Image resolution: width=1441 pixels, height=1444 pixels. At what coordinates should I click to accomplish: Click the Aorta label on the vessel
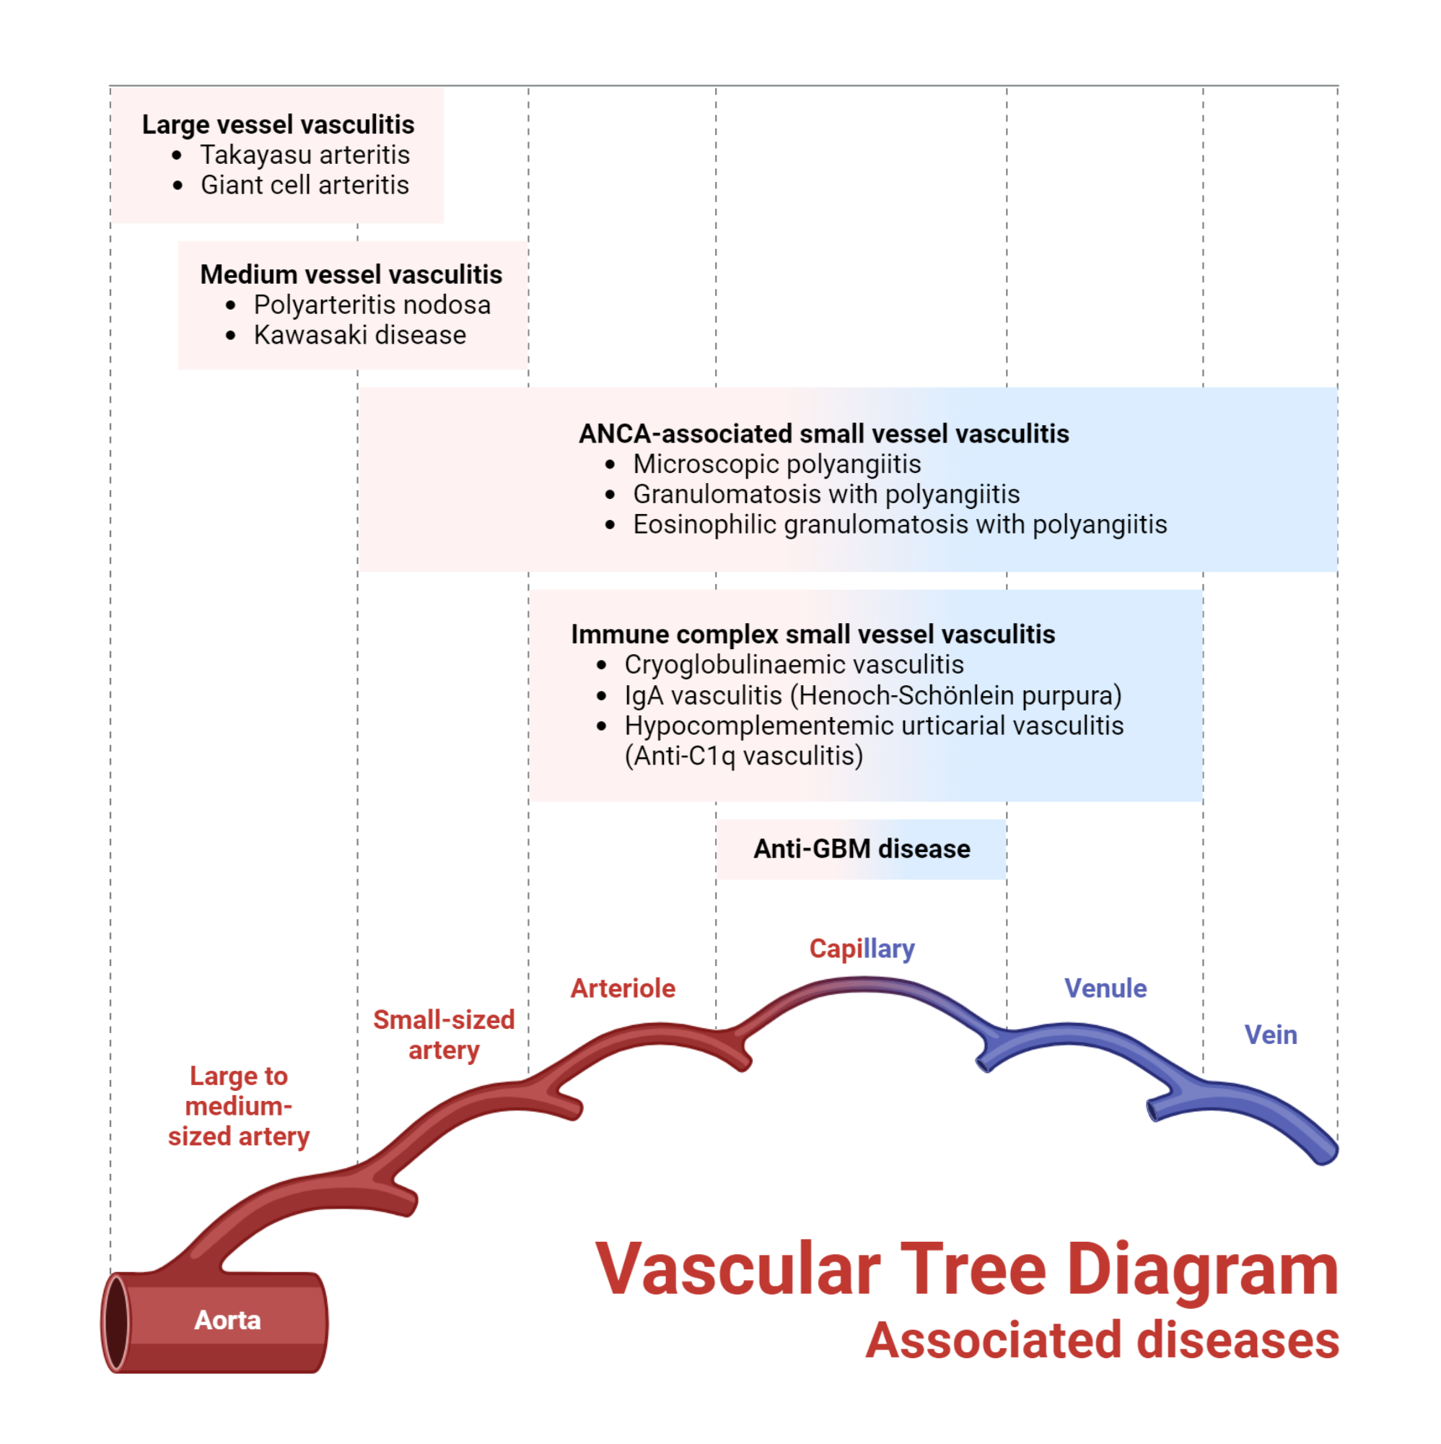click(x=227, y=1320)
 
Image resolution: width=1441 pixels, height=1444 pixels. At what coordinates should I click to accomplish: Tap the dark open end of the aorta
click(x=115, y=1323)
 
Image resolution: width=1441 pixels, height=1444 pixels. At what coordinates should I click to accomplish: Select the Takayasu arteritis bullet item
click(x=305, y=155)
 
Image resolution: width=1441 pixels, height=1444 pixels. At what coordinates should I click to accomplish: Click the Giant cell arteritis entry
click(x=305, y=185)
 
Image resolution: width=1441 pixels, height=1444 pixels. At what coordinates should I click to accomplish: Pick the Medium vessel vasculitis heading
click(x=351, y=274)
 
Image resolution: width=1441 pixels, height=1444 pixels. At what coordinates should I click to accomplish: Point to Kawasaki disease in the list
click(x=359, y=335)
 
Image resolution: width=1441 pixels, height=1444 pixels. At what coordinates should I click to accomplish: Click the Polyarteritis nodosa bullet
click(x=372, y=305)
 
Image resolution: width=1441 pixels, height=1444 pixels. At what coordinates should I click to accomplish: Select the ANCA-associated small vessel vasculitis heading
click(x=823, y=433)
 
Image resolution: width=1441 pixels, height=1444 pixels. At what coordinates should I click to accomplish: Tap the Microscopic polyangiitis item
click(x=776, y=464)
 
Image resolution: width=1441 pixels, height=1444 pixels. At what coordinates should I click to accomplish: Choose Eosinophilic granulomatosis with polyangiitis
click(x=898, y=525)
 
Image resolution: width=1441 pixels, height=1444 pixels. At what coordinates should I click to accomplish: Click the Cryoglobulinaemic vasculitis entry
click(x=793, y=664)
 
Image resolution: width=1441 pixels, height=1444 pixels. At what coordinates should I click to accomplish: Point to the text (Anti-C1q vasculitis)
click(x=743, y=756)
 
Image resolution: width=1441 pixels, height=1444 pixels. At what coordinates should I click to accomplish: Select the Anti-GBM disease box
click(x=861, y=849)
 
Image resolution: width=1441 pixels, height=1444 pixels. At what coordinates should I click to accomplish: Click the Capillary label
click(x=862, y=949)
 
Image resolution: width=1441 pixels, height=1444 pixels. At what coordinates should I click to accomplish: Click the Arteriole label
click(x=622, y=988)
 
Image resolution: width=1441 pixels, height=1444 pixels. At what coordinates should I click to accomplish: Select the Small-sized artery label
click(x=444, y=1035)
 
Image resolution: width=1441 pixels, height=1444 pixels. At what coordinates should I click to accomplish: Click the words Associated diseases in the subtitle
click(x=1102, y=1340)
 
